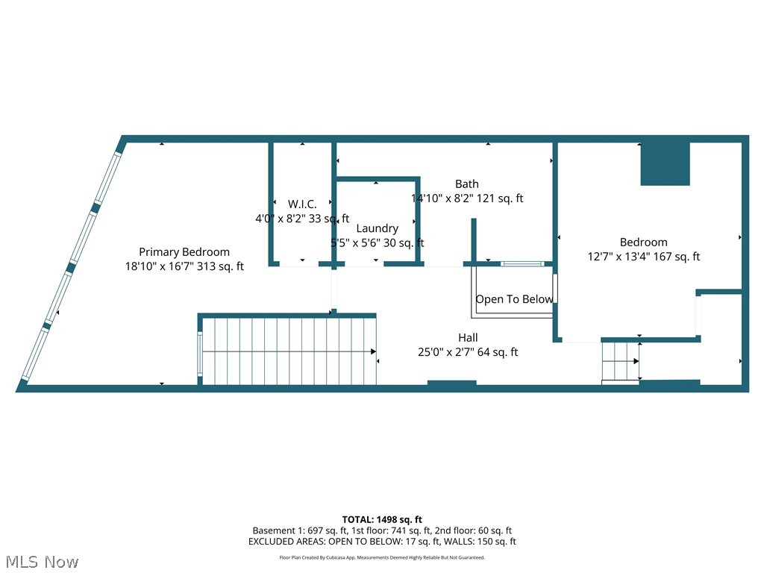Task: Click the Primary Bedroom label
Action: [x=184, y=252]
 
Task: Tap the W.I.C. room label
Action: [x=302, y=204]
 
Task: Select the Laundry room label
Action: [x=377, y=228]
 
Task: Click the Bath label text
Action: [x=467, y=184]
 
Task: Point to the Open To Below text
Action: [x=515, y=299]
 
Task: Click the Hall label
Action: [x=468, y=338]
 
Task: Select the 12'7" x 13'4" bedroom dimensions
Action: [x=643, y=257]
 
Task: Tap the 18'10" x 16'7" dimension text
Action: [x=184, y=266]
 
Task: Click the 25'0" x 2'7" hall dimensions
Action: [x=468, y=352]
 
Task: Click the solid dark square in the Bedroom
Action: [x=666, y=163]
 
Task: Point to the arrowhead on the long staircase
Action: [x=372, y=351]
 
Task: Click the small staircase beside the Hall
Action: [x=621, y=362]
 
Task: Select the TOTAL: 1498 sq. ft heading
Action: [x=382, y=519]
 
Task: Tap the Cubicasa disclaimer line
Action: [x=382, y=557]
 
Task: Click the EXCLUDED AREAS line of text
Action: [x=382, y=542]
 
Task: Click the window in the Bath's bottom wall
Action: [x=522, y=263]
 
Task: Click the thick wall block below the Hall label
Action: [x=451, y=384]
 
